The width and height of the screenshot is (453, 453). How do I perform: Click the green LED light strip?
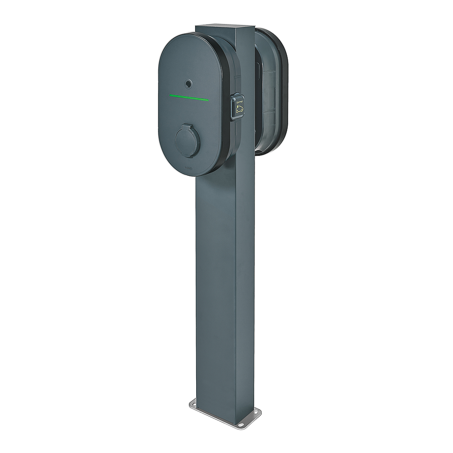pos(188,98)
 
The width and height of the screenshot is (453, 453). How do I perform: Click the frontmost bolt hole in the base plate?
pos(241,425)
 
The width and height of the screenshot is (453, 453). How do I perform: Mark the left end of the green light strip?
pos(170,96)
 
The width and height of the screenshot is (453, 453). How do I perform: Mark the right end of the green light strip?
pos(207,100)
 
